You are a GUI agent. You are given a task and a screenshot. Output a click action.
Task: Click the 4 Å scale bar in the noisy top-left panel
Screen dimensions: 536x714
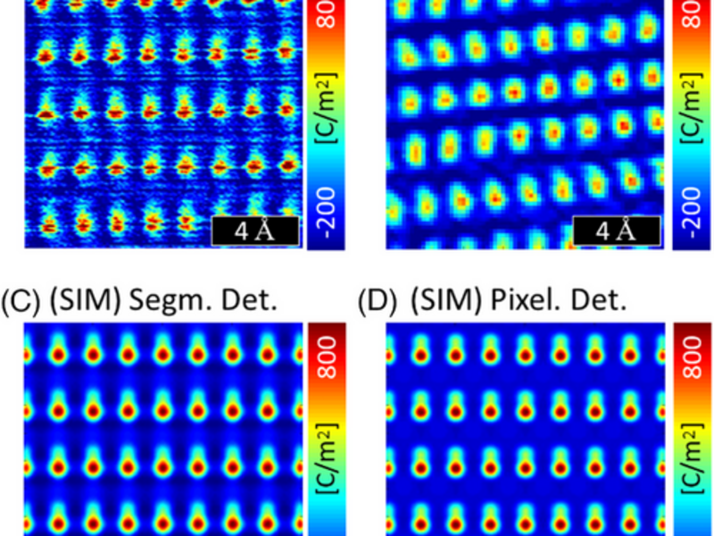[x=253, y=232]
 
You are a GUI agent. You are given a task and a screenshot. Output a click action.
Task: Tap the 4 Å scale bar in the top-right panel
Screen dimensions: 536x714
[x=616, y=231]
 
